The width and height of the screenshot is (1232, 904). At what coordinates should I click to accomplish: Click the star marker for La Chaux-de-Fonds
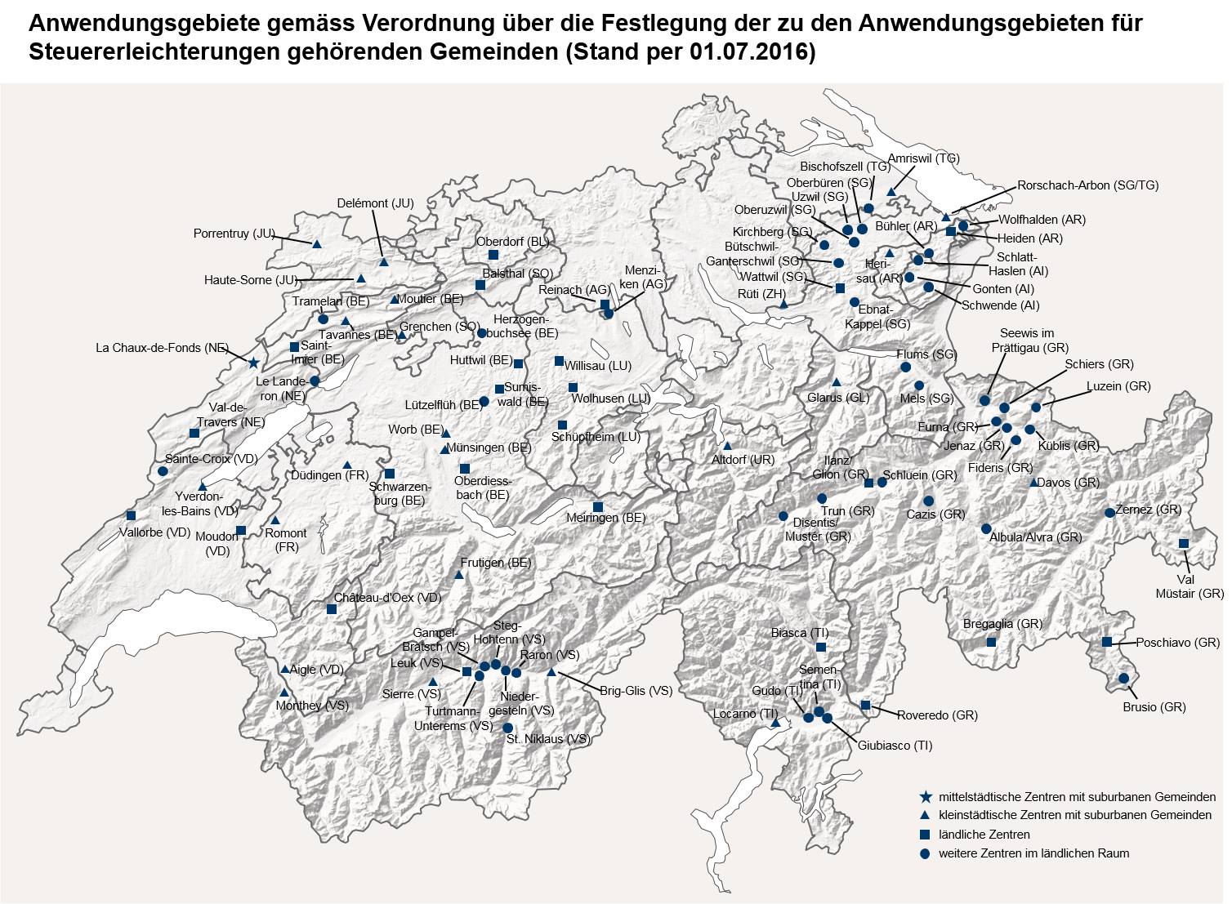click(x=253, y=363)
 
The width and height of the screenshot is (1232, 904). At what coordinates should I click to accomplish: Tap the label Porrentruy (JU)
click(x=233, y=234)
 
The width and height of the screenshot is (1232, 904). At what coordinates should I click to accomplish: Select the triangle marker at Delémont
click(x=383, y=262)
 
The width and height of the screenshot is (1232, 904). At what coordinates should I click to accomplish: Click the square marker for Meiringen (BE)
click(x=598, y=508)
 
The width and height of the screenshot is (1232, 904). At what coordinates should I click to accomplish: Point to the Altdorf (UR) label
click(x=742, y=460)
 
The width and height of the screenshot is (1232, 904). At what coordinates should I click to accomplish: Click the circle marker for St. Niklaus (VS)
click(x=507, y=728)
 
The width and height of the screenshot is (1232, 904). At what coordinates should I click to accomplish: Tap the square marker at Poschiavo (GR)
click(x=1107, y=642)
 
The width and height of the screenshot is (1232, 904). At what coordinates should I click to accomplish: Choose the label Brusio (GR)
click(x=1154, y=707)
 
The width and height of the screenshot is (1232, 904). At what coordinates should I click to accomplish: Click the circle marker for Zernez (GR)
click(x=1109, y=513)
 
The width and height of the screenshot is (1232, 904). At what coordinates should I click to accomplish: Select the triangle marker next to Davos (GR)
click(x=1033, y=483)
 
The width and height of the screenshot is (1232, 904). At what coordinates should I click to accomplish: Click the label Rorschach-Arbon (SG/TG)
click(x=1087, y=185)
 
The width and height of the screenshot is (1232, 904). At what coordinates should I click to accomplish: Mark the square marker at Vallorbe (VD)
click(x=132, y=515)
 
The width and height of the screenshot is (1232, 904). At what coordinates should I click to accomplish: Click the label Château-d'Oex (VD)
click(x=387, y=598)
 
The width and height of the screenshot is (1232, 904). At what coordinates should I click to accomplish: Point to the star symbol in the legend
click(x=925, y=797)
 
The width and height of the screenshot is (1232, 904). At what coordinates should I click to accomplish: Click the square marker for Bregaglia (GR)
click(x=991, y=642)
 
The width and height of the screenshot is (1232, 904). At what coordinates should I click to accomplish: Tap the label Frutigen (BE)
click(x=495, y=563)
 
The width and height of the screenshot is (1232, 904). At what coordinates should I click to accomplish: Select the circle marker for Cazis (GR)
click(x=928, y=501)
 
